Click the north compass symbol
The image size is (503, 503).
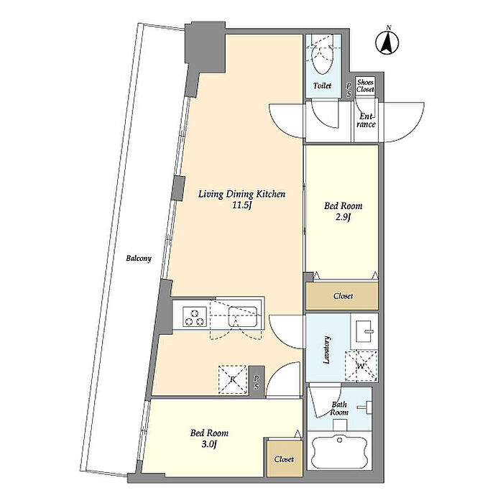click(387, 42)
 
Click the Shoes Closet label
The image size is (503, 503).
click(365, 86)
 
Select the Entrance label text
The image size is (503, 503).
click(366, 120)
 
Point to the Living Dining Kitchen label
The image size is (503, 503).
click(241, 194)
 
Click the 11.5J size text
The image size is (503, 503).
click(241, 206)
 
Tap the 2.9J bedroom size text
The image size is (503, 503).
click(343, 217)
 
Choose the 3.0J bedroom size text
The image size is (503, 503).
click(209, 444)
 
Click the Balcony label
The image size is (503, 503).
click(138, 258)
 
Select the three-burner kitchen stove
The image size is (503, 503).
click(195, 317)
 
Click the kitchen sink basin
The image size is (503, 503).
click(243, 317)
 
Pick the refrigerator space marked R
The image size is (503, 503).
click(233, 379)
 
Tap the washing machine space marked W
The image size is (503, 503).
click(361, 366)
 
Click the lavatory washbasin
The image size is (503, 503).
click(364, 331)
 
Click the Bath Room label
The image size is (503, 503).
click(339, 408)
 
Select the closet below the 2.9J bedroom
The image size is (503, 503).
click(342, 296)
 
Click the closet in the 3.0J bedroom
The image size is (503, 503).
click(285, 458)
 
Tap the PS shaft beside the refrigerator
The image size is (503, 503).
click(257, 382)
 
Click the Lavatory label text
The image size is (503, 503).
click(326, 350)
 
